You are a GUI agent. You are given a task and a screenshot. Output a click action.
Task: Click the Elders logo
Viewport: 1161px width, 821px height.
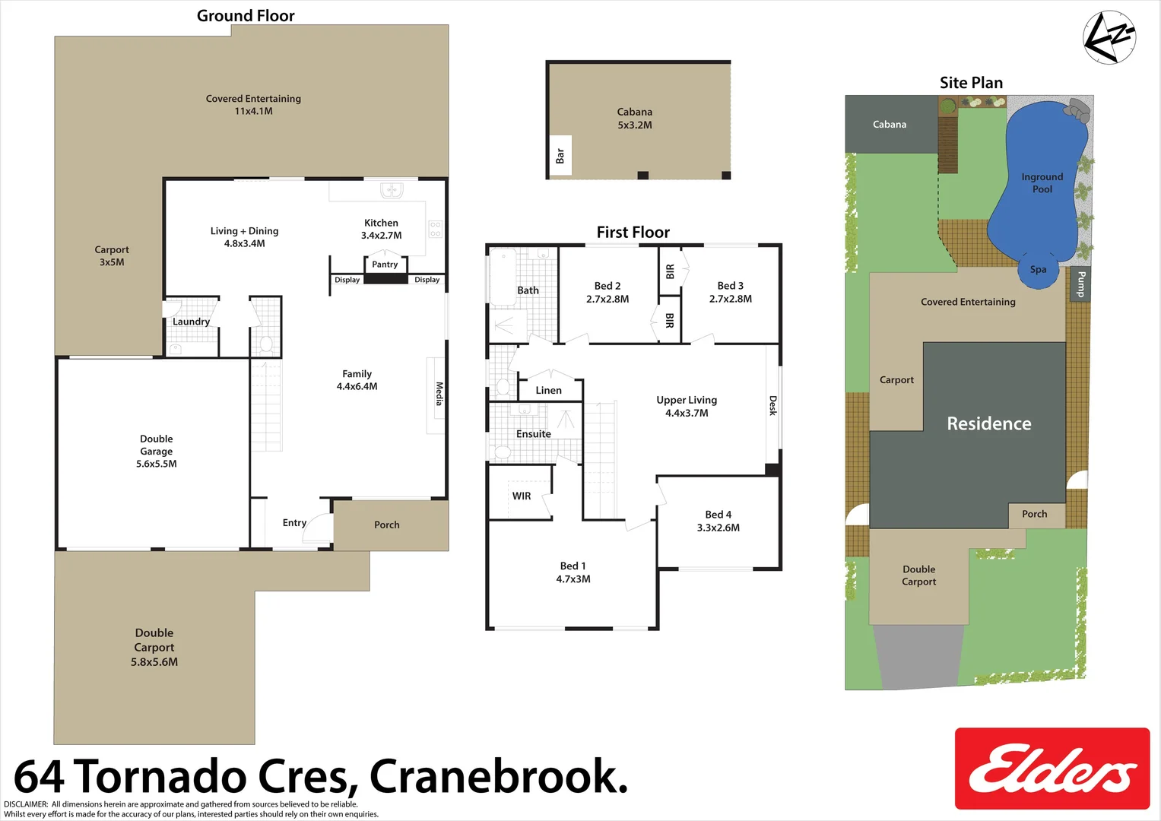(x=1052, y=769)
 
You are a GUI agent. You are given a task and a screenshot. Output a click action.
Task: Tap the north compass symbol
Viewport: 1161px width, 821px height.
(x=1109, y=37)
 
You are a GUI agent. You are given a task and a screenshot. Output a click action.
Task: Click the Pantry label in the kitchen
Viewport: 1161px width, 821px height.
(x=385, y=265)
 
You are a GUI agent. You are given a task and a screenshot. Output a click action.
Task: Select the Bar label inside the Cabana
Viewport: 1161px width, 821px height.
(x=560, y=156)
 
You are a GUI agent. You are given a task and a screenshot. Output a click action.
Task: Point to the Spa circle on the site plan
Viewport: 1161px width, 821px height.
(x=1038, y=270)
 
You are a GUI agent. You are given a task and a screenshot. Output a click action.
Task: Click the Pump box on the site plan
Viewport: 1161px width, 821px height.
(x=1080, y=284)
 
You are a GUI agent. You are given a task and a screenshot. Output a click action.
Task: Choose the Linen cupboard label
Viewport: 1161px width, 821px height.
(x=548, y=390)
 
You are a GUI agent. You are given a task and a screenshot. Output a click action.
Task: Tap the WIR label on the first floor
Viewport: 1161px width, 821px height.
(x=522, y=496)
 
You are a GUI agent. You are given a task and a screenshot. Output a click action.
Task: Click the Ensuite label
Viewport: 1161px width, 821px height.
(x=533, y=434)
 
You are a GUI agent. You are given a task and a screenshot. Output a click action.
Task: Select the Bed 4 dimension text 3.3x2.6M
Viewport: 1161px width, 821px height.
(x=718, y=528)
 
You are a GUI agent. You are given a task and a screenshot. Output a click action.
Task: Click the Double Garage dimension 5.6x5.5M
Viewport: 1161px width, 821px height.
(x=156, y=464)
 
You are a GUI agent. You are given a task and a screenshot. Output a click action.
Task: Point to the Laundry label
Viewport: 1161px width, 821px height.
(x=191, y=322)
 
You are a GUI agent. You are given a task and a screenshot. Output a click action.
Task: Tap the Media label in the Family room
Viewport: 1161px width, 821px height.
(x=439, y=394)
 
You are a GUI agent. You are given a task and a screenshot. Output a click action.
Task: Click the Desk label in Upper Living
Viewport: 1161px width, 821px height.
(x=772, y=405)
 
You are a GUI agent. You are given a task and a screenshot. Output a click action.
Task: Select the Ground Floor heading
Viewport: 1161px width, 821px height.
(x=246, y=15)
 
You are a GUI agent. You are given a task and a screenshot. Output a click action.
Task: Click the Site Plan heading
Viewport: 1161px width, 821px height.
(x=971, y=82)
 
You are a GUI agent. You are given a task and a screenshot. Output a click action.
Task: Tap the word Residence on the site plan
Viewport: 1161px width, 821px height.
(x=988, y=423)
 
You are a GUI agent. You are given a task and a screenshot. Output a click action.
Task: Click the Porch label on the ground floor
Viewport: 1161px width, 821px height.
(x=386, y=525)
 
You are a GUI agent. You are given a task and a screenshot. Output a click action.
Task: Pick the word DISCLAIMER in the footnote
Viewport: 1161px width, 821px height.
(x=26, y=804)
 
